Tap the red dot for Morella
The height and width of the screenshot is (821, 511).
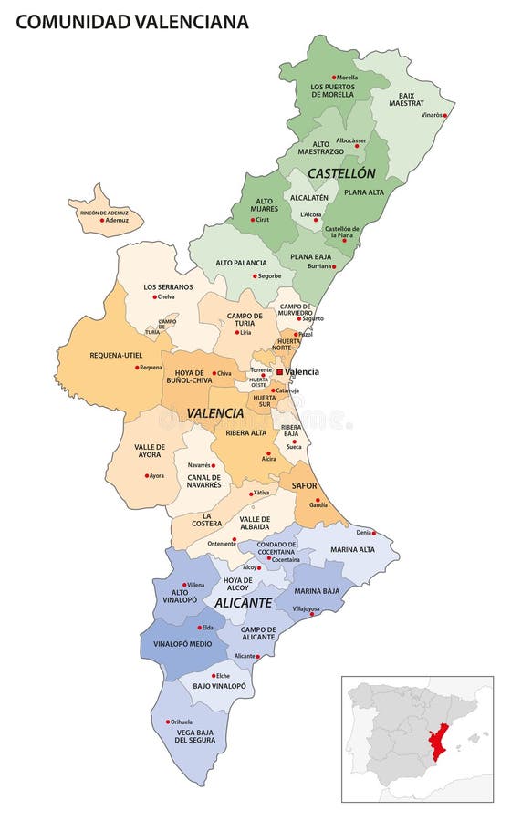pyautogui.click(x=334, y=78)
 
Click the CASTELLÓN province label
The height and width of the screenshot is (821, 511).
pyautogui.click(x=341, y=172)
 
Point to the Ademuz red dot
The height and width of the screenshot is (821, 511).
pyautogui.click(x=102, y=220)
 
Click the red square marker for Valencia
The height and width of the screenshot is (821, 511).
pyautogui.click(x=279, y=371)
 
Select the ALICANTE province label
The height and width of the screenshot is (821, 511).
pyautogui.click(x=244, y=603)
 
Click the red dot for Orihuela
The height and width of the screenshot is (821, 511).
pyautogui.click(x=167, y=722)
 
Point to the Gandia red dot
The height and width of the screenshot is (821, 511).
pyautogui.click(x=318, y=500)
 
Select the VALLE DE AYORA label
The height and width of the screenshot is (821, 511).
pyautogui.click(x=150, y=452)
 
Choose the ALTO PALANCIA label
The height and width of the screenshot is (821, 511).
pyautogui.click(x=241, y=263)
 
